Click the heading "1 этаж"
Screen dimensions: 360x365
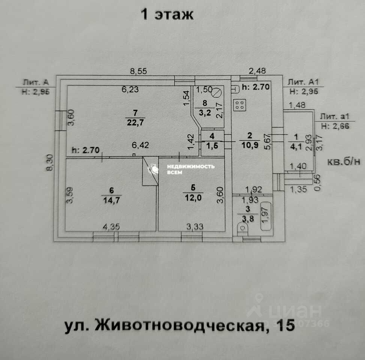click(x=167, y=15)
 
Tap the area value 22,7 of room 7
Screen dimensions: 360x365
click(x=135, y=121)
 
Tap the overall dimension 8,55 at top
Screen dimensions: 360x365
click(x=138, y=70)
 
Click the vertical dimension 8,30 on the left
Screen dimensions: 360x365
click(x=49, y=163)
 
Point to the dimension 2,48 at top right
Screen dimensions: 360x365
click(x=257, y=70)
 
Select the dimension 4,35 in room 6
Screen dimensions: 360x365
click(x=111, y=227)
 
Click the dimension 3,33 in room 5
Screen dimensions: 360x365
click(x=195, y=227)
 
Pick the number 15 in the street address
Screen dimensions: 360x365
click(x=285, y=325)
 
